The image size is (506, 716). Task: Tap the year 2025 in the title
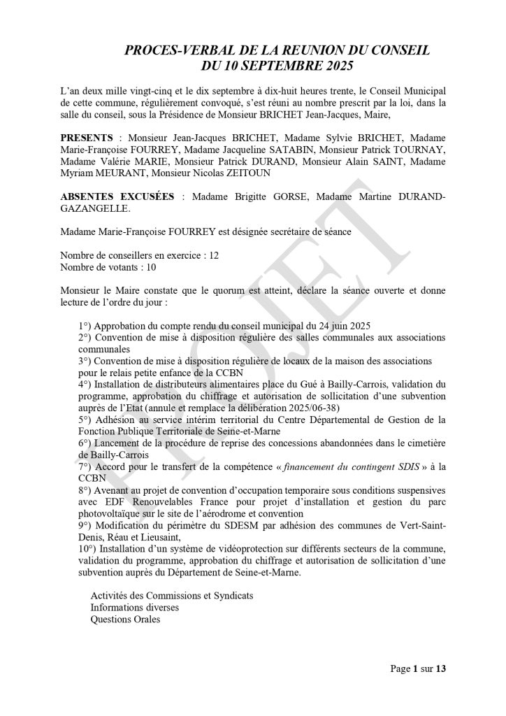tap(335, 67)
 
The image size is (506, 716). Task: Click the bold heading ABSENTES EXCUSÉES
tap(117, 197)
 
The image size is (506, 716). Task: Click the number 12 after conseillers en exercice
tap(214, 256)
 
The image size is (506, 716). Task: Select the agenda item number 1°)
tap(85, 326)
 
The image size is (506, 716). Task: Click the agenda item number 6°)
tap(85, 443)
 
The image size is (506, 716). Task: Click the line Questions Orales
tap(125, 620)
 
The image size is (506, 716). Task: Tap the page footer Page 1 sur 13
tap(417, 669)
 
